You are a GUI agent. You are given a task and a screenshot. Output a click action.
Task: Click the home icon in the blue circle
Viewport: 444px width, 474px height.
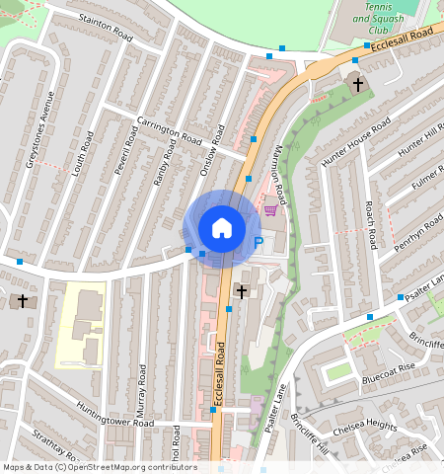[x=222, y=228]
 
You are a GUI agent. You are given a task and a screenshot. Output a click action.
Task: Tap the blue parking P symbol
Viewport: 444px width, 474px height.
[x=259, y=242]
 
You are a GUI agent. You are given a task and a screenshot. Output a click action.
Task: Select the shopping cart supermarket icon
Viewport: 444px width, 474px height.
[x=270, y=208]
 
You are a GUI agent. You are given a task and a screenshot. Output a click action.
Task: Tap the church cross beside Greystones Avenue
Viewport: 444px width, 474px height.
[x=22, y=300]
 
